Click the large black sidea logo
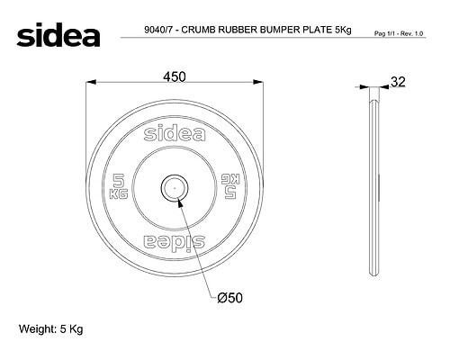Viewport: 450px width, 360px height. pyautogui.click(x=58, y=34)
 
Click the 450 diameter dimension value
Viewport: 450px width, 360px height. pyautogui.click(x=175, y=76)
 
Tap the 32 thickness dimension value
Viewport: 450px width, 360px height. pyautogui.click(x=398, y=82)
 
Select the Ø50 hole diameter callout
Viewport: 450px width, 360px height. pyautogui.click(x=229, y=298)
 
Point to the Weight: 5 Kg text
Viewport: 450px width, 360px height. pyautogui.click(x=50, y=329)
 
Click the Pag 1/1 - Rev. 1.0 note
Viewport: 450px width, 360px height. pyautogui.click(x=399, y=33)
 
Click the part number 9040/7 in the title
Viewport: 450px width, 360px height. pyautogui.click(x=158, y=30)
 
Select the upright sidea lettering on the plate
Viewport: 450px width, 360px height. pyautogui.click(x=175, y=133)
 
